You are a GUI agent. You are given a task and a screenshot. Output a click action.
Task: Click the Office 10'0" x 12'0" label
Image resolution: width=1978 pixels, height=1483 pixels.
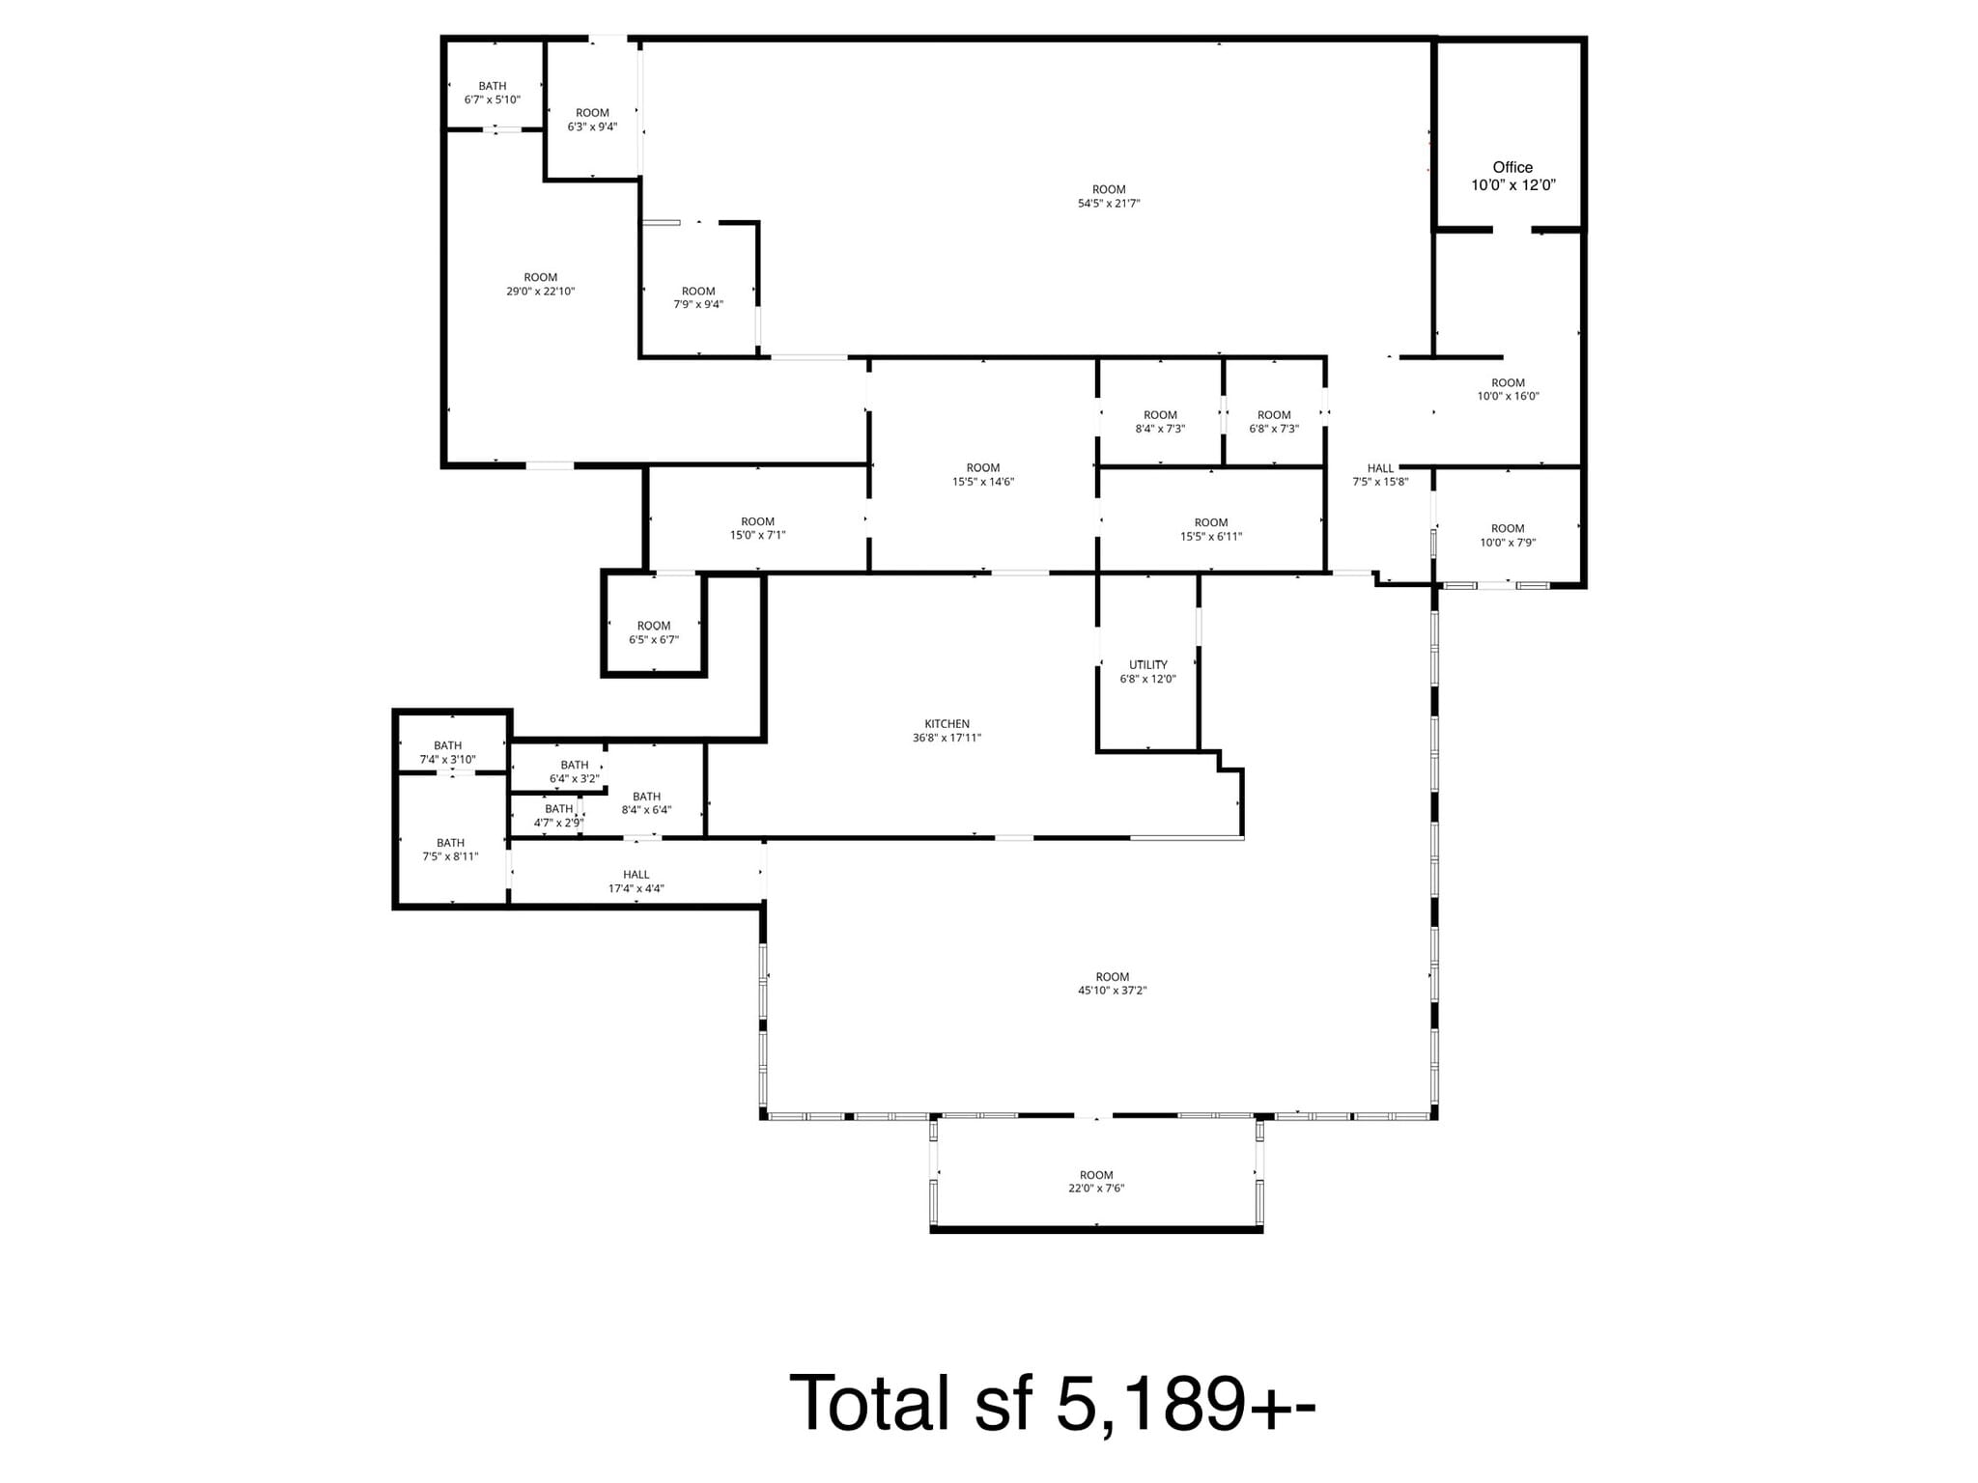1512,177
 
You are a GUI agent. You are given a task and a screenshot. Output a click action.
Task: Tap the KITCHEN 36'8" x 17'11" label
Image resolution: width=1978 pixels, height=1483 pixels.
947,731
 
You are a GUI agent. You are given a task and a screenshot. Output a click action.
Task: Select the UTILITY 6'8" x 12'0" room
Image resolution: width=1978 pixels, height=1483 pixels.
1147,672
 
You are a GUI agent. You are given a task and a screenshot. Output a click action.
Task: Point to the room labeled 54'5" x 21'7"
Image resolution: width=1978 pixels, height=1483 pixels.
1109,197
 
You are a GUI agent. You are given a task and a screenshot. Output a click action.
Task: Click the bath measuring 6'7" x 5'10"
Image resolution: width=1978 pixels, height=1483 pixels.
493,93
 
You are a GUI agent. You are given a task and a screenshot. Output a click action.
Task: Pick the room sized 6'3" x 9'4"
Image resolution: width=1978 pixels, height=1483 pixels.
592,120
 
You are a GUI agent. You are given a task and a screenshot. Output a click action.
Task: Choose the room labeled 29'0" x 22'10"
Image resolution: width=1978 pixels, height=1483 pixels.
540,285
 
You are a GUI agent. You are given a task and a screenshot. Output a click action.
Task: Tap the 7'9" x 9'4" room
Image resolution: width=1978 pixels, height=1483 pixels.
698,297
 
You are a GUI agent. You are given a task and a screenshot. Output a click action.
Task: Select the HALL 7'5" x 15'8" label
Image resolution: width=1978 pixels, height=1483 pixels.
1380,475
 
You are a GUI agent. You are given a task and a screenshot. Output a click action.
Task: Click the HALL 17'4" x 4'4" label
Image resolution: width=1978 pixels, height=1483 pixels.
636,881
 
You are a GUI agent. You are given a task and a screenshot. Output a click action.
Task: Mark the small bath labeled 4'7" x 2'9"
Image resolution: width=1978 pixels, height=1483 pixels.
558,816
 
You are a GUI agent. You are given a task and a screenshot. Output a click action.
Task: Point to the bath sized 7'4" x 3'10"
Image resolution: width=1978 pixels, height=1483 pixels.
447,752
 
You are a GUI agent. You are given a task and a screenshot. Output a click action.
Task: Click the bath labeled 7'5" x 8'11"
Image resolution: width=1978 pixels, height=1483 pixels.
450,850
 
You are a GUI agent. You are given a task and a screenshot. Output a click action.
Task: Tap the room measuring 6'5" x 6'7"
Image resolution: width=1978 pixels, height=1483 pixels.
654,632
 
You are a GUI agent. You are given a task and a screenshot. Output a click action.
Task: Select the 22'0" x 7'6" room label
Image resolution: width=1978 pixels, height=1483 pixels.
1096,1182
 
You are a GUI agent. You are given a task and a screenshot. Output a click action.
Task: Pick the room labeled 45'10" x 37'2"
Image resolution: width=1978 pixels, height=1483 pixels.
1112,984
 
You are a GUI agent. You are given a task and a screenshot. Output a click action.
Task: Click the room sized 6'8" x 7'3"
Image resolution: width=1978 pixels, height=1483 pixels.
1274,422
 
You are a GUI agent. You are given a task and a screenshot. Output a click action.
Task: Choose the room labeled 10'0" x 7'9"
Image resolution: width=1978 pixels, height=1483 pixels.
1508,536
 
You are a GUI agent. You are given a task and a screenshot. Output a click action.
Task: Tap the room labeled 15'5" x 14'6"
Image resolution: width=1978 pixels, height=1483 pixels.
983,475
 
